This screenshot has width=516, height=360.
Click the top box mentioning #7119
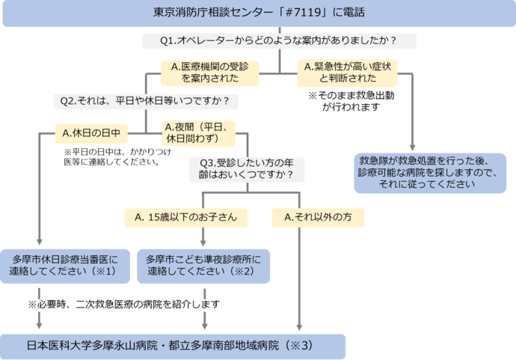[258, 14]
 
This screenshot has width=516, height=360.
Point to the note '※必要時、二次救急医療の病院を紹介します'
[123, 305]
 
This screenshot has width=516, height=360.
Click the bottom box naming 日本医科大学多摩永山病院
[173, 346]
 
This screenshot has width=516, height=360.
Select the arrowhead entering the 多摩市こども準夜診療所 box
[203, 241]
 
